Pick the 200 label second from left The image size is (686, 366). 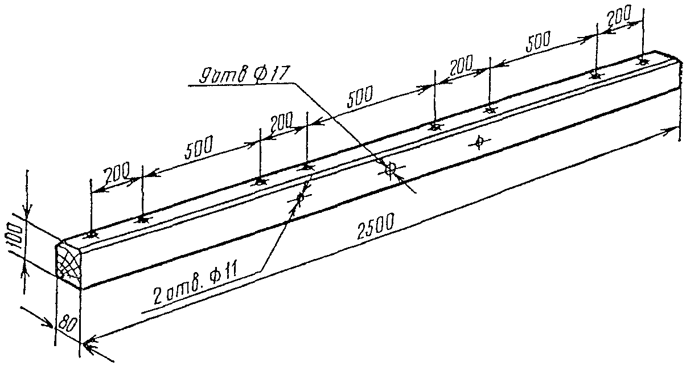(281, 120)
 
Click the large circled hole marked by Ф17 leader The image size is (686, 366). (391, 168)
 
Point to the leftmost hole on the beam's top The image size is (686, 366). (92, 235)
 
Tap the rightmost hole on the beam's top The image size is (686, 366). (643, 61)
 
